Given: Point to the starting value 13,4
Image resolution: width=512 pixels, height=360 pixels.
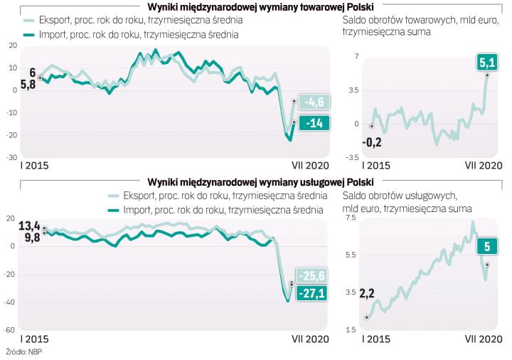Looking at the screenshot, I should pos(30,226).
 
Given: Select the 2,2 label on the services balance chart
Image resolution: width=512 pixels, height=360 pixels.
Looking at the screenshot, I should pos(367,293).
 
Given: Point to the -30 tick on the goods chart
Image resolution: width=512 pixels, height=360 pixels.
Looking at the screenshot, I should pos(12,157).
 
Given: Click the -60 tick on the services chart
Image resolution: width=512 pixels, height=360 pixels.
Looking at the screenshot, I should pos(12,330).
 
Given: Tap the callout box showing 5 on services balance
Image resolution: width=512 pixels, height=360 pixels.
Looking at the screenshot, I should pos(487,246).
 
